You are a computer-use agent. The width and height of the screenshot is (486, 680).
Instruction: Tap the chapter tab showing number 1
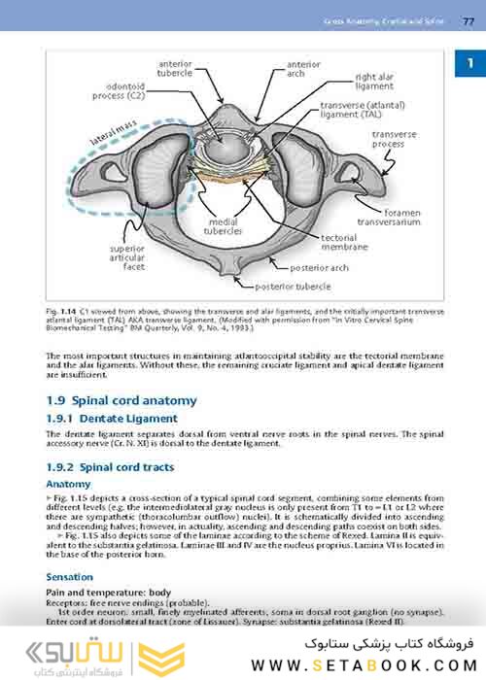pyautogui.click(x=470, y=65)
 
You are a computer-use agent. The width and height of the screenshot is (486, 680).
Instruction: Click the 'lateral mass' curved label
pyautogui.click(x=113, y=134)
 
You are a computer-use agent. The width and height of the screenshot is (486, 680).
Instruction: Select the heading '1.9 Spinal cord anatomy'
pyautogui.click(x=121, y=400)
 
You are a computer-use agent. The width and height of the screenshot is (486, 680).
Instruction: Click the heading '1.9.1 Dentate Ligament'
pyautogui.click(x=112, y=418)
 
